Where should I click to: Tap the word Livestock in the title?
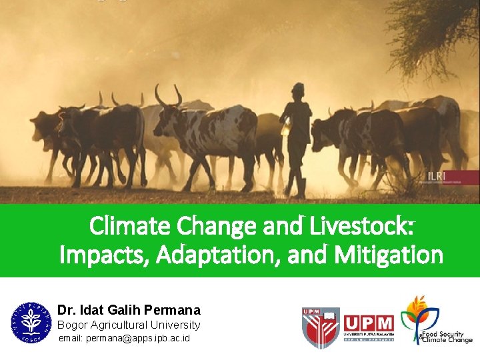point(363,227)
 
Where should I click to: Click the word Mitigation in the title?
point(389,255)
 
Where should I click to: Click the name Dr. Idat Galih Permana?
point(129,310)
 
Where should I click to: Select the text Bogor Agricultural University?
point(129,325)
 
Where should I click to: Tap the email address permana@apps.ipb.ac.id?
point(124,339)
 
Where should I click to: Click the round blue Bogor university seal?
point(31,322)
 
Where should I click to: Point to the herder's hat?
point(298,87)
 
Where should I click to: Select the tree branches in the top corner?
point(437,33)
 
